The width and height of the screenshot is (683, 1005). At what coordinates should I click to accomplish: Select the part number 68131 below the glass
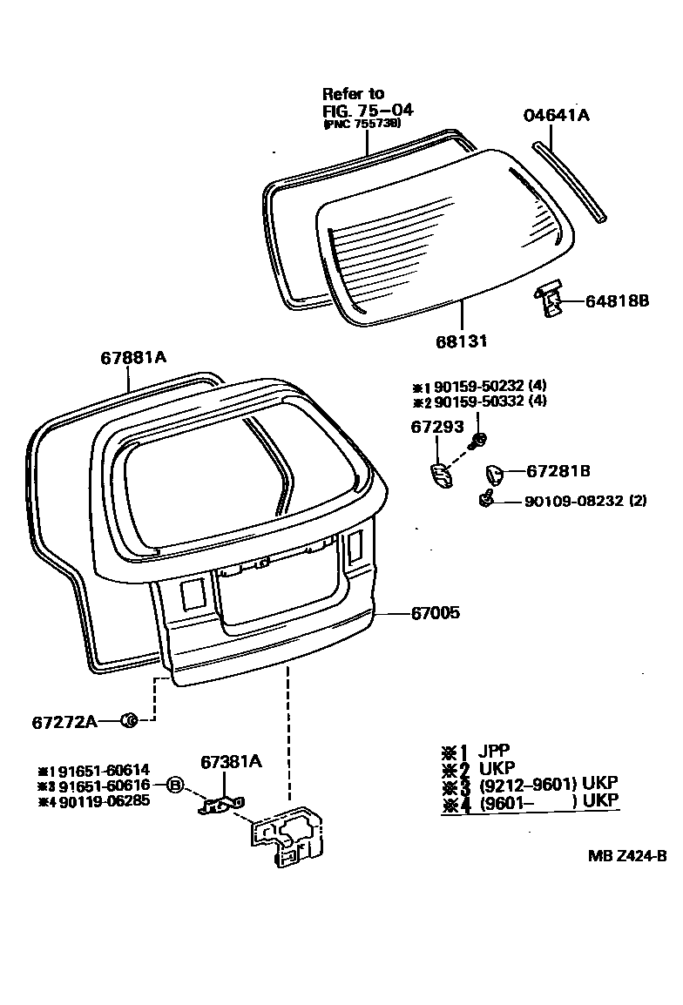(461, 341)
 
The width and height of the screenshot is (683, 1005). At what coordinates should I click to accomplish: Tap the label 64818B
(617, 301)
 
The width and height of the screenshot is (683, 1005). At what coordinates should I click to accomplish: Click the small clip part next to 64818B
(548, 299)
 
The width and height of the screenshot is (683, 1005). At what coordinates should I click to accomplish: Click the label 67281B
(558, 471)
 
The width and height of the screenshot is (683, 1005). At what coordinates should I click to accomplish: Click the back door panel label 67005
(435, 613)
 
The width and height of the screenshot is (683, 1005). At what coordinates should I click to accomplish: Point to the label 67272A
(64, 721)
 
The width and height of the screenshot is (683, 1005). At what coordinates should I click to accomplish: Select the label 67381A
(231, 761)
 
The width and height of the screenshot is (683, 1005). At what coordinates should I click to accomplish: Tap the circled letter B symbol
(174, 785)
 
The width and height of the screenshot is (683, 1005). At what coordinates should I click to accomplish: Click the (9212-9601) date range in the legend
(527, 784)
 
